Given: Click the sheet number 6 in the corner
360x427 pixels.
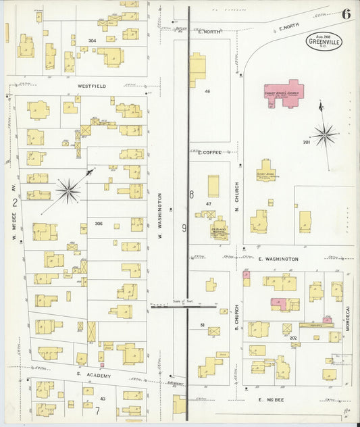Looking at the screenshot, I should click(346, 14).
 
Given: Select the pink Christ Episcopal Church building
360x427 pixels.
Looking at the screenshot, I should click(284, 93).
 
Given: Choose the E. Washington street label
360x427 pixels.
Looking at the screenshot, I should click(278, 259).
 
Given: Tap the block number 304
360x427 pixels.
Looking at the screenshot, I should click(92, 41).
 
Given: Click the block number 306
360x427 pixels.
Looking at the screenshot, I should click(99, 224).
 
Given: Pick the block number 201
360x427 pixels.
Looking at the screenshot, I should click(306, 143).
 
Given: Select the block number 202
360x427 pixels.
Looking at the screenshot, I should click(293, 337).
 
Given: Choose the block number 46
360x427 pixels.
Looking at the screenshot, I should click(207, 91).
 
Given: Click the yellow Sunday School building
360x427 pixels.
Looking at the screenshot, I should click(265, 170).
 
